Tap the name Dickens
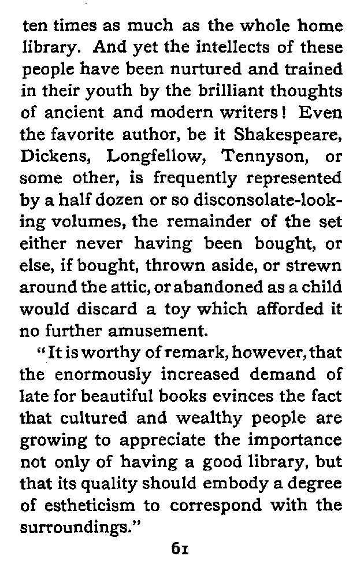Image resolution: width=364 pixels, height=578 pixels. [x=55, y=157]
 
